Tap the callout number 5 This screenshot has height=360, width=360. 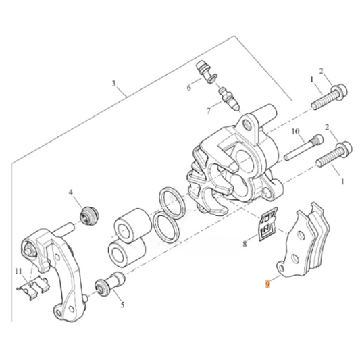click(x=122, y=305)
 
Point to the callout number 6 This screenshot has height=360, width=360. click(x=189, y=87)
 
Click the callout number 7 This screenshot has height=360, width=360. click(x=190, y=110)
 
